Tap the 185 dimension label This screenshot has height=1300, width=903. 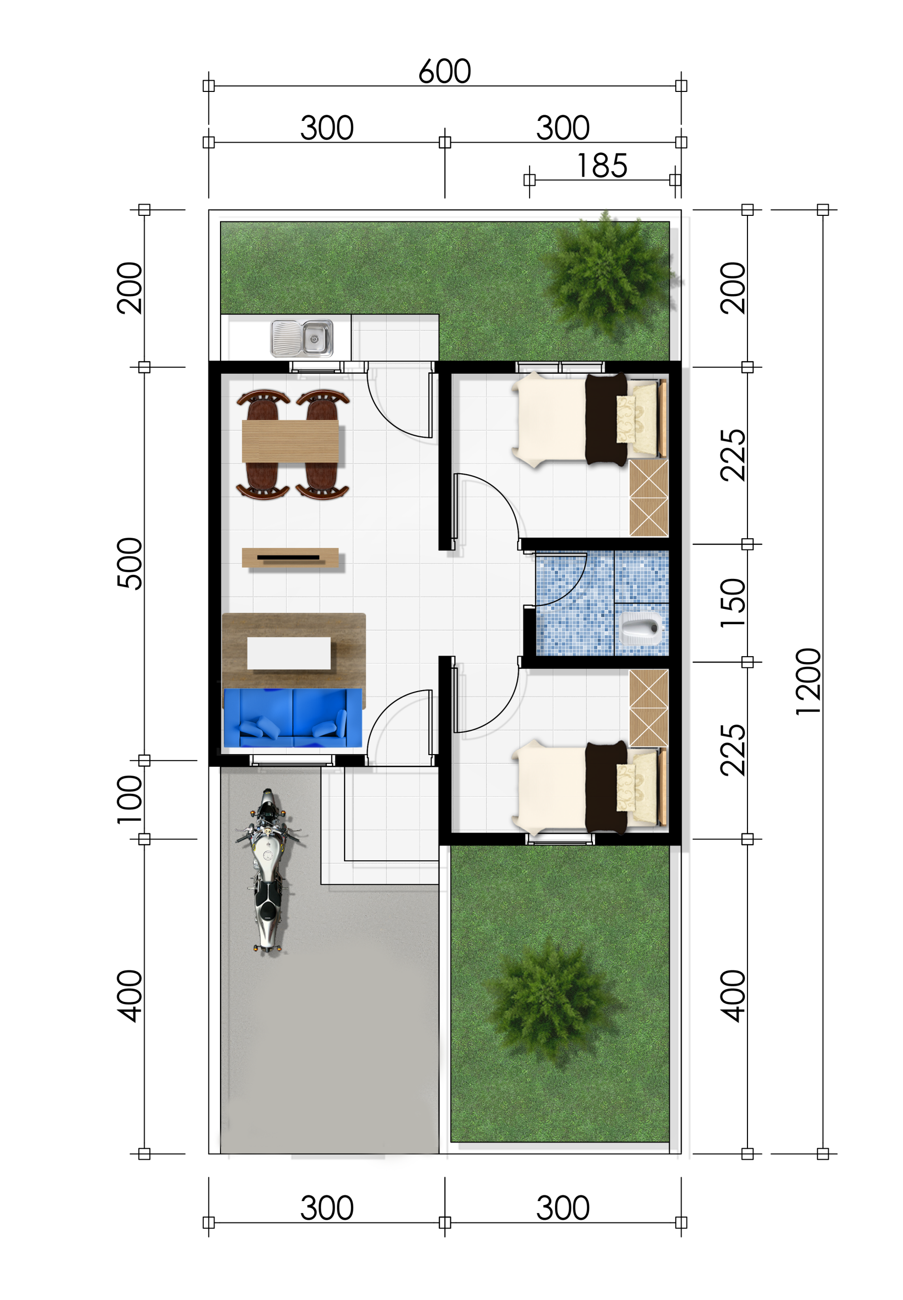click(602, 166)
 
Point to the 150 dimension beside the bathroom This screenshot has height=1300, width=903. click(733, 603)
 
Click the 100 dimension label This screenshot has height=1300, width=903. click(129, 800)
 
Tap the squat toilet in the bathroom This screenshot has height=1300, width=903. click(641, 628)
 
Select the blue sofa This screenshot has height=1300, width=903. click(293, 718)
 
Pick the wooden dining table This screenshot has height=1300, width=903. click(290, 442)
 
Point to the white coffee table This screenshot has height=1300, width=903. click(289, 653)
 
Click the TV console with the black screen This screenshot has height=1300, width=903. click(290, 558)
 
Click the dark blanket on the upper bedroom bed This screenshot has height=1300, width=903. click(606, 419)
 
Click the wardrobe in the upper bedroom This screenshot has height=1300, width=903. click(649, 498)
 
